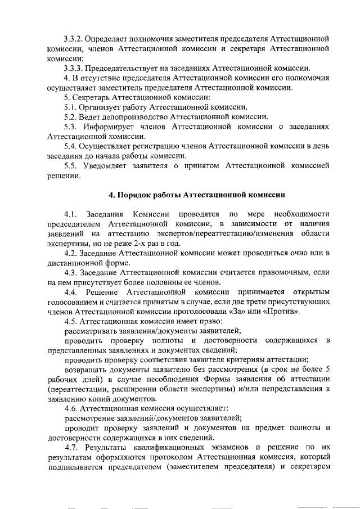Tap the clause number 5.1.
click(x=70, y=107)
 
